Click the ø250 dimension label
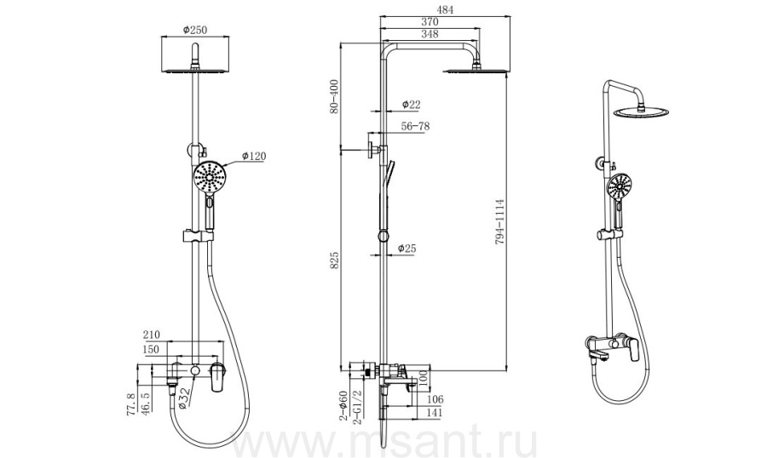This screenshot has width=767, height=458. pyautogui.click(x=195, y=30)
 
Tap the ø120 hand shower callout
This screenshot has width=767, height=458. pyautogui.click(x=254, y=156)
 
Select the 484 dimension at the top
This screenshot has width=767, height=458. pyautogui.click(x=445, y=9)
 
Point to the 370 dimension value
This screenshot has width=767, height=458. pyautogui.click(x=430, y=21)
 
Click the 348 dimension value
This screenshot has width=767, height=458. pyautogui.click(x=430, y=34)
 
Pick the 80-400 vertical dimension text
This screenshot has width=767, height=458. pyautogui.click(x=333, y=96)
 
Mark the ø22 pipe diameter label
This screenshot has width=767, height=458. pyautogui.click(x=412, y=104)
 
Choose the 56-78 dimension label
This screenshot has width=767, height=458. pyautogui.click(x=415, y=126)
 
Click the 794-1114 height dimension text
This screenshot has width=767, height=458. pyautogui.click(x=499, y=222)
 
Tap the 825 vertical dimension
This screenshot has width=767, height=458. pyautogui.click(x=334, y=260)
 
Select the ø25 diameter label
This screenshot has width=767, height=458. pyautogui.click(x=407, y=249)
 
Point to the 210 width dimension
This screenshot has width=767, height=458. pyautogui.click(x=151, y=335)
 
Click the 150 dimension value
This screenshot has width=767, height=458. pyautogui.click(x=151, y=349)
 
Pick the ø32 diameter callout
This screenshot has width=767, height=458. pyautogui.click(x=183, y=398)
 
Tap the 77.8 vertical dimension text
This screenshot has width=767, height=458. pyautogui.click(x=131, y=404)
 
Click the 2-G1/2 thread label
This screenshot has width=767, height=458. pyautogui.click(x=357, y=407)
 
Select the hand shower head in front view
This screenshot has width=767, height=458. pyautogui.click(x=210, y=178)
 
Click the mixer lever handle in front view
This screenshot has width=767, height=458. pyautogui.click(x=217, y=377)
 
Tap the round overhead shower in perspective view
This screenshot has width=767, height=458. pyautogui.click(x=641, y=112)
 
